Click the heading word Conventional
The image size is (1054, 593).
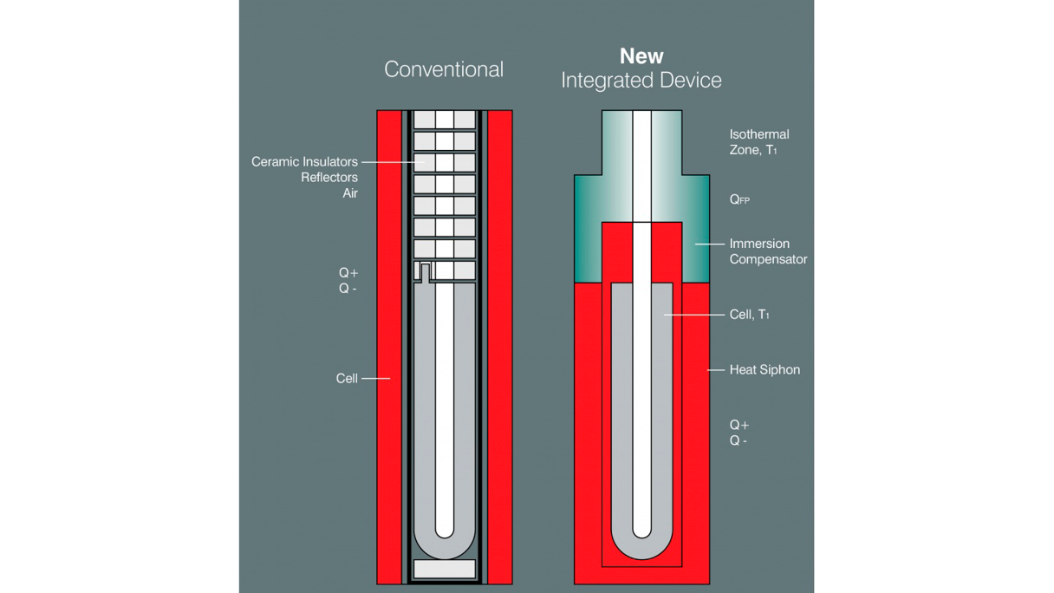[444, 69]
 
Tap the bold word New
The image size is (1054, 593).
[641, 56]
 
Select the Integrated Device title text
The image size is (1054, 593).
[641, 81]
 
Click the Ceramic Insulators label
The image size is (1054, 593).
[304, 162]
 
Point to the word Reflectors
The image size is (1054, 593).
[329, 178]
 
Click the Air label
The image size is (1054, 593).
[350, 193]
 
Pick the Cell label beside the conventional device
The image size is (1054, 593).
[347, 378]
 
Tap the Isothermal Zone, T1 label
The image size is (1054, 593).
[759, 142]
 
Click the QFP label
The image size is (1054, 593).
[739, 199]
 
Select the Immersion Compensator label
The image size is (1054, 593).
[768, 251]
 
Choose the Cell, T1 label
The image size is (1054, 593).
[750, 315]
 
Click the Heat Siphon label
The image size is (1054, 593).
[764, 370]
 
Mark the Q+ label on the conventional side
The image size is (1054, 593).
[348, 273]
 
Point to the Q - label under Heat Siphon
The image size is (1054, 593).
[738, 440]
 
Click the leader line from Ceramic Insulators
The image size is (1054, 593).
[393, 162]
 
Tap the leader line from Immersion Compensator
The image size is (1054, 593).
[710, 244]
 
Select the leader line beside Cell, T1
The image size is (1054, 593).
[694, 315]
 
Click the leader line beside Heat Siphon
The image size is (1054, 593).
[716, 370]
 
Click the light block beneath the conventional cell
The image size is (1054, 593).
[444, 569]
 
